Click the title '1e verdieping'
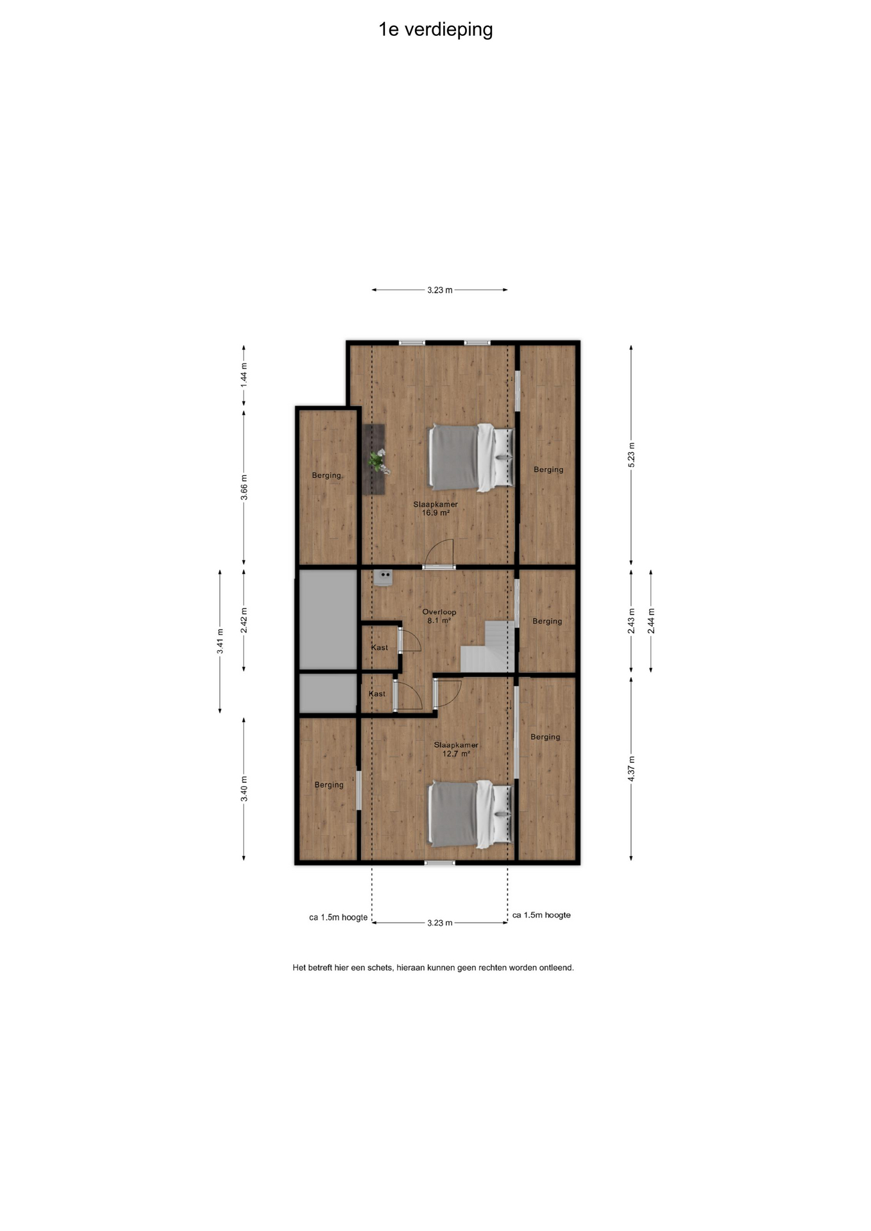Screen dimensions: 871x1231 click(x=436, y=30)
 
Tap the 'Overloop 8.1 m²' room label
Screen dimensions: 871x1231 click(x=439, y=616)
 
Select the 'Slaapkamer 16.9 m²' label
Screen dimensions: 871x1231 click(x=436, y=508)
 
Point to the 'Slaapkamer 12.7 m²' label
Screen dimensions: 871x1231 click(x=456, y=749)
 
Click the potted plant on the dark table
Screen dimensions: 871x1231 click(x=378, y=461)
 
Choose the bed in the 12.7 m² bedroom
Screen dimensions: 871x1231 click(x=471, y=814)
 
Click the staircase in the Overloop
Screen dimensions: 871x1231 click(x=488, y=646)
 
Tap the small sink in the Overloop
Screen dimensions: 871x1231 click(x=384, y=577)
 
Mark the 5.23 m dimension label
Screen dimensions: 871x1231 click(x=631, y=455)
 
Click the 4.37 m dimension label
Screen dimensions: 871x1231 click(x=631, y=768)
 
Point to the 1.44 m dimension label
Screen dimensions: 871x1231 click(x=244, y=374)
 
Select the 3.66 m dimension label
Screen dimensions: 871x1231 click(x=244, y=487)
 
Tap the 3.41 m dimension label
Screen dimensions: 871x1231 click(x=220, y=642)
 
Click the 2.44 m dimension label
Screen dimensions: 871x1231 click(x=651, y=621)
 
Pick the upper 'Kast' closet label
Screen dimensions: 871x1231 click(x=380, y=648)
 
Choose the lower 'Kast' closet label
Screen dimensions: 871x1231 click(x=377, y=694)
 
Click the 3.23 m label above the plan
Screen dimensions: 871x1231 click(x=440, y=290)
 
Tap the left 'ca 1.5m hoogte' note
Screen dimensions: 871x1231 click(x=339, y=917)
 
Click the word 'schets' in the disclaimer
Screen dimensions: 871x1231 click(x=380, y=967)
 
